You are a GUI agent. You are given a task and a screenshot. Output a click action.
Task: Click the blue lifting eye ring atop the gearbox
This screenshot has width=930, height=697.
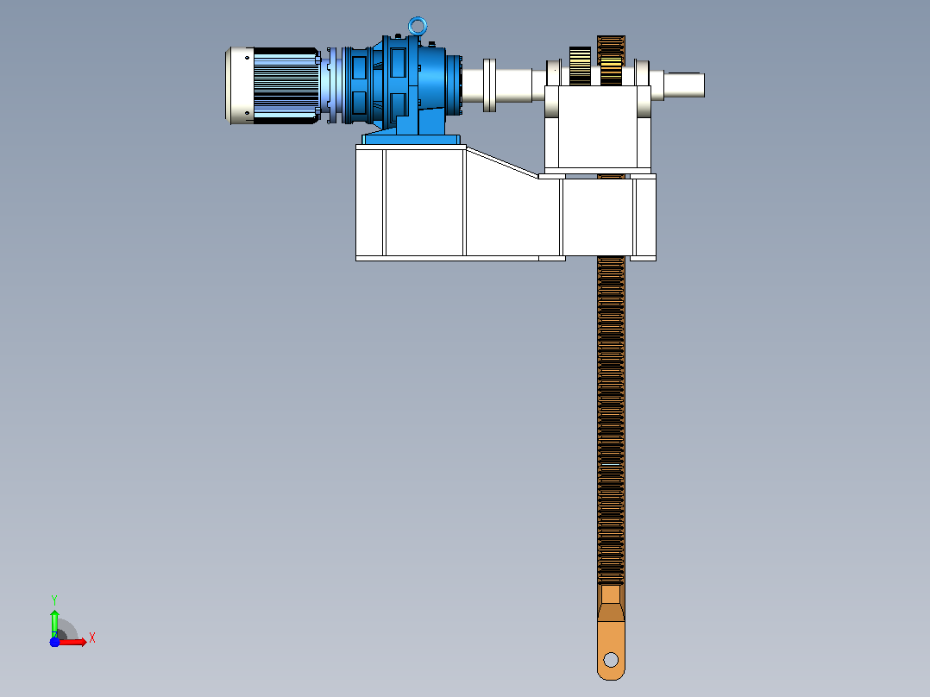coord(418,19)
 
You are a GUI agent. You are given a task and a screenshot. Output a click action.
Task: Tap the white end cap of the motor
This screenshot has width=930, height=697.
coord(240,86)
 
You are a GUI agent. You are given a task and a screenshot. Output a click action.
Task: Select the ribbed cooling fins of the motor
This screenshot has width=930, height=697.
coord(287,86)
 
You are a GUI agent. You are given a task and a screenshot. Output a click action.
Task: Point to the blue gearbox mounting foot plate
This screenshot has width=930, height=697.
coord(412,140)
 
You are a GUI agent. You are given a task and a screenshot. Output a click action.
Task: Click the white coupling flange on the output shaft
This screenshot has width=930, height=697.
coord(489,85)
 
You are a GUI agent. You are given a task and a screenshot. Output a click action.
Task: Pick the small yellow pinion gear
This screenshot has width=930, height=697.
coord(580,66)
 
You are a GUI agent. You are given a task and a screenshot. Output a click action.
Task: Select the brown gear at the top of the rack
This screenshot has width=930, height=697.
coord(611,60)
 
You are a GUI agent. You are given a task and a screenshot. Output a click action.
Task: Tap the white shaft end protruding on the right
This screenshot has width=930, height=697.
coord(684,85)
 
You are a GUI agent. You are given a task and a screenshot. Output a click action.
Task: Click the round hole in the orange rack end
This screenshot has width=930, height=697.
coord(611,660)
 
